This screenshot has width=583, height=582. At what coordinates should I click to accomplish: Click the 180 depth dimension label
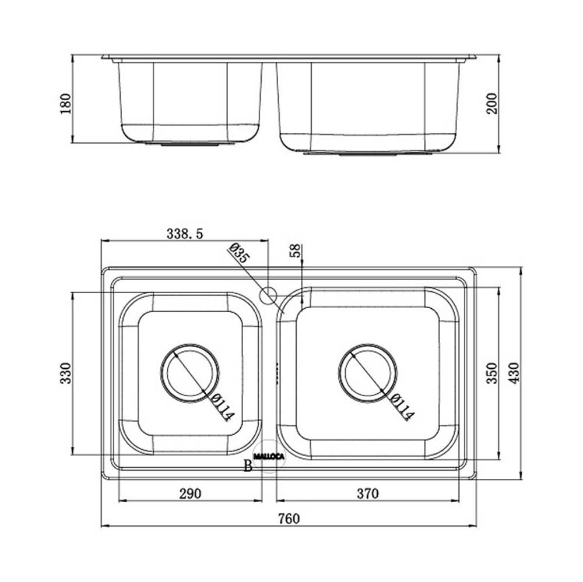pyautogui.click(x=65, y=104)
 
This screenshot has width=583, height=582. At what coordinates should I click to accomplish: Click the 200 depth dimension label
pyautogui.click(x=491, y=104)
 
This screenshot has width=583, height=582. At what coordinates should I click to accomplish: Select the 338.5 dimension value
pyautogui.click(x=185, y=234)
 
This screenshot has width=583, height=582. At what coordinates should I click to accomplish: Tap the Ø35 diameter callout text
pyautogui.click(x=239, y=253)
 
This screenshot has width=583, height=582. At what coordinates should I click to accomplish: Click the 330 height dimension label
pyautogui.click(x=65, y=373)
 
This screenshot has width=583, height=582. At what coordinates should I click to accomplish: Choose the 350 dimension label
pyautogui.click(x=491, y=373)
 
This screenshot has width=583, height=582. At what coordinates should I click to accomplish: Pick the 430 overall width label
pyautogui.click(x=514, y=373)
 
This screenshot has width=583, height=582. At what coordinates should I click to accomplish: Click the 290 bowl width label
pyautogui.click(x=190, y=493)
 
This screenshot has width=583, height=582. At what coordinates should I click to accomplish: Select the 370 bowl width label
pyautogui.click(x=368, y=493)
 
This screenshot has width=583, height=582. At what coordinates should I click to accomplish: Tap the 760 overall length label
pyautogui.click(x=289, y=518)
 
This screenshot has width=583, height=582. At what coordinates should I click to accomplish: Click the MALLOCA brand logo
pyautogui.click(x=268, y=456)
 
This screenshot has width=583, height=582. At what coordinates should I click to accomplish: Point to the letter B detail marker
pyautogui.click(x=248, y=465)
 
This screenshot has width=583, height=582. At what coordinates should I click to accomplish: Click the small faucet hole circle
pyautogui.click(x=268, y=295)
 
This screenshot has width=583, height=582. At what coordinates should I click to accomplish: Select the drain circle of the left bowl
pyautogui.click(x=189, y=373)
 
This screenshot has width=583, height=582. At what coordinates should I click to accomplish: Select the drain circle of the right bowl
pyautogui.click(x=368, y=373)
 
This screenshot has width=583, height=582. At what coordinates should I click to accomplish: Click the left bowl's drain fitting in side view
pyautogui.click(x=189, y=143)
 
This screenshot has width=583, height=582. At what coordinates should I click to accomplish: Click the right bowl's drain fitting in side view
pyautogui.click(x=368, y=153)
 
